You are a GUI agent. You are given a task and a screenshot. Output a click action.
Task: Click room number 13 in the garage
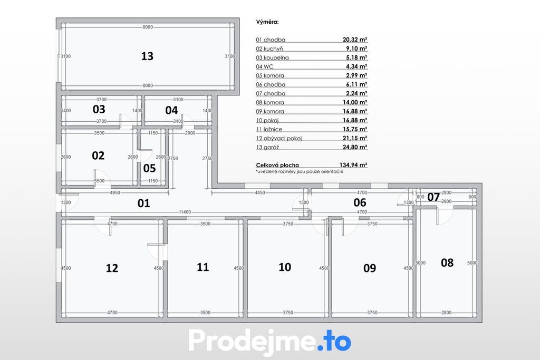pyautogui.click(x=147, y=56)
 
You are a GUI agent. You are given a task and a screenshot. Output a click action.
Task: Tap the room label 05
pyautogui.click(x=149, y=168)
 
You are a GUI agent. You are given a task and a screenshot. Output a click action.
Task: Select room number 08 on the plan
pyautogui.click(x=447, y=263)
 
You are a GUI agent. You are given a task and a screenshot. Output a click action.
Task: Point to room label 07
pyautogui.click(x=433, y=197)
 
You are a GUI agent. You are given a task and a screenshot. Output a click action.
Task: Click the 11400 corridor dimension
pyautogui.click(x=185, y=212)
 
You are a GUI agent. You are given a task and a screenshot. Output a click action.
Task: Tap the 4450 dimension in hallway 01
pyautogui.click(x=260, y=193)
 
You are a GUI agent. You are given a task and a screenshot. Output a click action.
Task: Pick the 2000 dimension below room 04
pyautogui.click(x=190, y=133)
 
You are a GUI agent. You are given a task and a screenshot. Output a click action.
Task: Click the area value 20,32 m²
pyautogui.click(x=355, y=40)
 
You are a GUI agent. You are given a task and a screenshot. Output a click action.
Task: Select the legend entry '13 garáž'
pyautogui.click(x=267, y=147)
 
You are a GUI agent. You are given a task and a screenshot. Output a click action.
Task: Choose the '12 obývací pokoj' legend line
pyautogui.click(x=278, y=138)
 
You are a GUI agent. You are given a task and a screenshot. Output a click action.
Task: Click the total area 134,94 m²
pyautogui.click(x=353, y=165)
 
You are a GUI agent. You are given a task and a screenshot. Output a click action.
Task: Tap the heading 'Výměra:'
pyautogui.click(x=267, y=22)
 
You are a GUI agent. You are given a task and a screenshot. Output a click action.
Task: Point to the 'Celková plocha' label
pyautogui.click(x=277, y=165)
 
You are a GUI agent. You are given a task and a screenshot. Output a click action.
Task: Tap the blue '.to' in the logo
pyautogui.click(x=334, y=340)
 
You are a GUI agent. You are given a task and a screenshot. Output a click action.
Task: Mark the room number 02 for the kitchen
pyautogui.click(x=98, y=155)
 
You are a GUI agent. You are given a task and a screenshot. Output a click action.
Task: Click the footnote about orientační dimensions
pyautogui.click(x=300, y=171)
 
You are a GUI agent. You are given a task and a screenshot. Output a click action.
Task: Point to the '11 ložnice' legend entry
pyautogui.click(x=269, y=130)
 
